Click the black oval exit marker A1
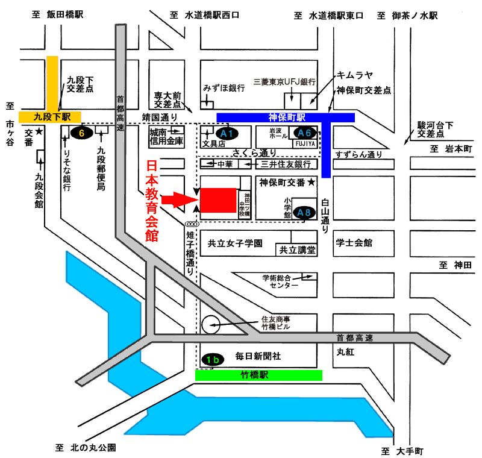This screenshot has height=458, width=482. pyautogui.click(x=227, y=133)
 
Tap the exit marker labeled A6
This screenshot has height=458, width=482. pyautogui.click(x=304, y=133)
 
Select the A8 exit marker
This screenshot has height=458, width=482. pyautogui.click(x=304, y=212)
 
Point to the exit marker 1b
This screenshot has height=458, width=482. pyautogui.click(x=213, y=359)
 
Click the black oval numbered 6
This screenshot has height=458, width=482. pyautogui.click(x=81, y=133)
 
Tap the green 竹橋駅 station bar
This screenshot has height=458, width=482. pyautogui.click(x=258, y=375)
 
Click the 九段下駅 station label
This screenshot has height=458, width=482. pyautogui.click(x=52, y=117)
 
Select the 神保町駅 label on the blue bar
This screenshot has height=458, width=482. pyautogui.click(x=287, y=118)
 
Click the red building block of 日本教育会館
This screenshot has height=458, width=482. pyautogui.click(x=218, y=200)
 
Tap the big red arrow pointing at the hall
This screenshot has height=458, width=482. pyautogui.click(x=180, y=200)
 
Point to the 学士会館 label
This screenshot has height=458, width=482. pyautogui.click(x=354, y=243)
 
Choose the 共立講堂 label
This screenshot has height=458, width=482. pyautogui.click(x=297, y=250)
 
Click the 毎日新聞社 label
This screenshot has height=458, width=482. pyautogui.click(x=258, y=356)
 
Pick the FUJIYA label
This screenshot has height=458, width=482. pyautogui.click(x=305, y=143)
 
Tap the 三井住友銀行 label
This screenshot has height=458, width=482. pyautogui.click(x=286, y=165)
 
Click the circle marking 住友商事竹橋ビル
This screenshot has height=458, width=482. pyautogui.click(x=211, y=325)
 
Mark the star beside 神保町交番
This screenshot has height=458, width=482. pyautogui.click(x=311, y=182)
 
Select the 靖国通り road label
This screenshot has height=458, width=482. pyautogui.click(x=160, y=117)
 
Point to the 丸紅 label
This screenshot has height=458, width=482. pyautogui.click(x=345, y=352)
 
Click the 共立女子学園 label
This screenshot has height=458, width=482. pyautogui.click(x=235, y=243)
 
